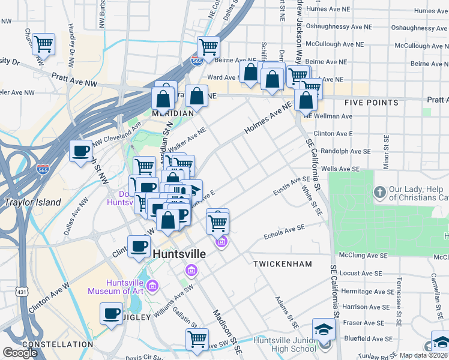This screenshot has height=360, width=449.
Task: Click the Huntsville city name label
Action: click(179, 254)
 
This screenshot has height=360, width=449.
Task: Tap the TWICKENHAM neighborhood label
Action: click(283, 264)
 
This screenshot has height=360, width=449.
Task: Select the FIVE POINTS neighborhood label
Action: click(371, 103)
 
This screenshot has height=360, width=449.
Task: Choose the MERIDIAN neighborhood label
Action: click(172, 113)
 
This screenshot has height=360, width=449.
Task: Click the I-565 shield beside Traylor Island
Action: click(43, 170)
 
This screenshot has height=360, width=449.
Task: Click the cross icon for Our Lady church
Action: click(379, 193)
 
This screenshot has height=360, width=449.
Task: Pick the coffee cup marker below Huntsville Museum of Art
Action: click(112, 313)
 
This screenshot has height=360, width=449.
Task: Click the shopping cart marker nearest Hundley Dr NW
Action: click(44, 44)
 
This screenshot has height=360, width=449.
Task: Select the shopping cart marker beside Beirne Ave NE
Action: click(208, 46)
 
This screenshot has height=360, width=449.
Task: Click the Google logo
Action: click(20, 353)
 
